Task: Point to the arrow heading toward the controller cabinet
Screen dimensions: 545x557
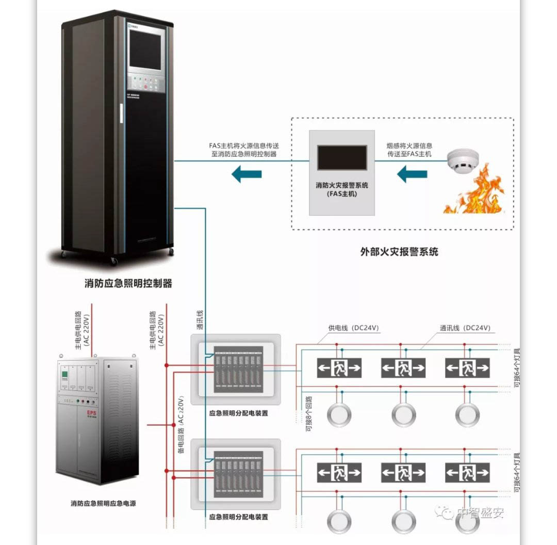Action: pos(247,174)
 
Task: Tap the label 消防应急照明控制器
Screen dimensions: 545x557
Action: pos(128,283)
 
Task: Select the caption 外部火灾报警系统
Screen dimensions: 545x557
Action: pos(399,252)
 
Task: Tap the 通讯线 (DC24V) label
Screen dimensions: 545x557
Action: pos(465,328)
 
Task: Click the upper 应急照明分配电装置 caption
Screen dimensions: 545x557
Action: pos(238,413)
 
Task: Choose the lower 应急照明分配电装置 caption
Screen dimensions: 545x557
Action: pos(238,516)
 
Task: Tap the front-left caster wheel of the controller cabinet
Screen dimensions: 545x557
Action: pos(114,261)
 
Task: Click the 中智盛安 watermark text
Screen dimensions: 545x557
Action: pos(480,513)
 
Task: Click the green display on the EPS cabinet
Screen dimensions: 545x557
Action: pos(65,374)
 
